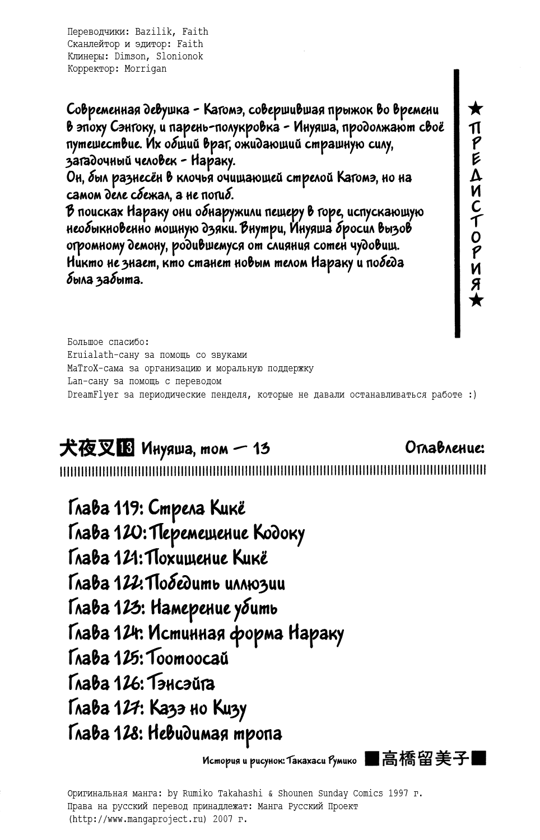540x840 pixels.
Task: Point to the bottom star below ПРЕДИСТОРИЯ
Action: (476, 301)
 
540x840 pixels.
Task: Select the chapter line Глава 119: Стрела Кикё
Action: (156, 508)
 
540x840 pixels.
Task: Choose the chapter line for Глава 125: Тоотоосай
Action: (148, 657)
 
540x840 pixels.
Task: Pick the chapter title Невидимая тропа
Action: (215, 732)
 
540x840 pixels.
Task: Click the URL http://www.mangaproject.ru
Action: (139, 819)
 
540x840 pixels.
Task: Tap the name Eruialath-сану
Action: (106, 355)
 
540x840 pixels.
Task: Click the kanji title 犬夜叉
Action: (87, 447)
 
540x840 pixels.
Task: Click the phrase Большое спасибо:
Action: (108, 342)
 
